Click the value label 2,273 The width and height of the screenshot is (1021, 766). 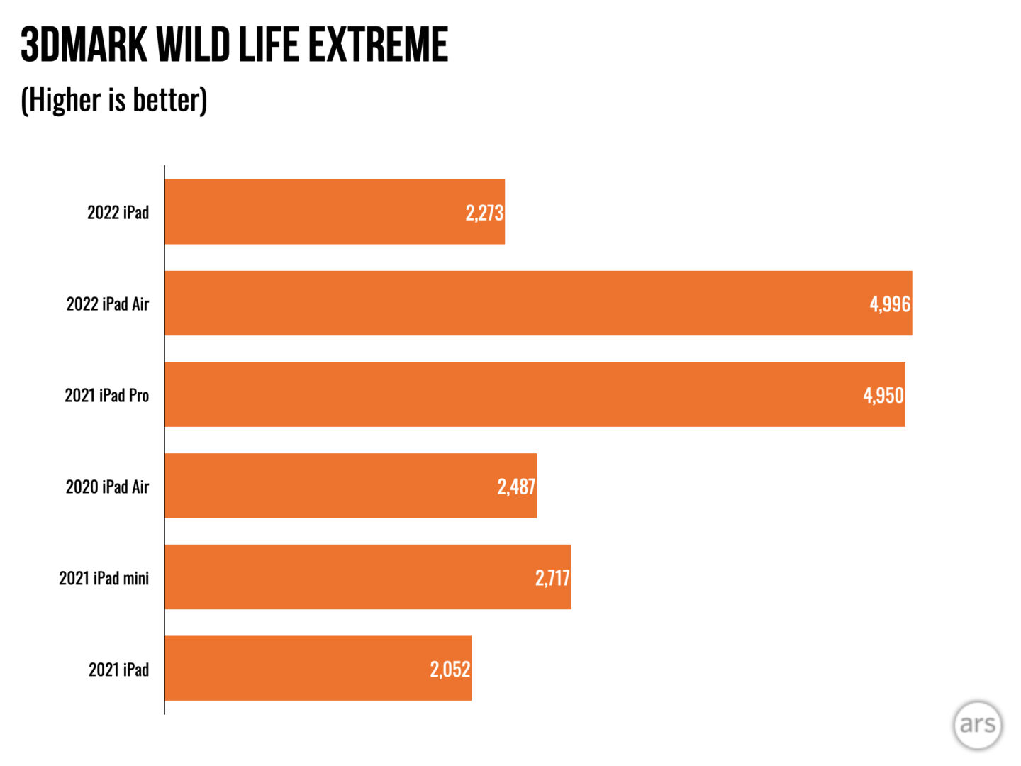(484, 213)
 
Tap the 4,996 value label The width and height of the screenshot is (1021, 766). (890, 304)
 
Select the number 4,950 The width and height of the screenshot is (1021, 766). (883, 395)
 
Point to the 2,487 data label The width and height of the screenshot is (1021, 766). (516, 487)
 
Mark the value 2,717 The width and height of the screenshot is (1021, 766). (552, 578)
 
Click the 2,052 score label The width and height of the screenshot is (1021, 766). (450, 669)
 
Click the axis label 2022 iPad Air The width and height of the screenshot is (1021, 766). (108, 304)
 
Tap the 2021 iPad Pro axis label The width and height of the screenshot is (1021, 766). (107, 395)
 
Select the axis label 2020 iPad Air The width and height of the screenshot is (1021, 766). (108, 487)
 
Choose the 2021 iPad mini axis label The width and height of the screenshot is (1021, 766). (104, 578)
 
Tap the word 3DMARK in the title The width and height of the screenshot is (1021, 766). (84, 45)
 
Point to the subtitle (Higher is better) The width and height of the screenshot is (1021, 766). (114, 100)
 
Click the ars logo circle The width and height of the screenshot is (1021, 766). (978, 724)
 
